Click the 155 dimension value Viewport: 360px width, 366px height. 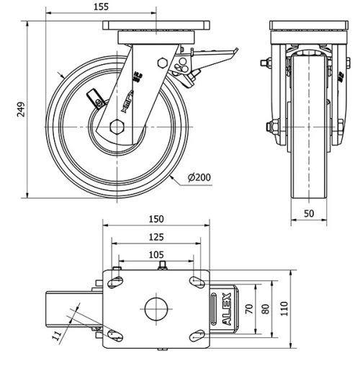coord(101,6)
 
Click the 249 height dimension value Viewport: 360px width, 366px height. coord(22,109)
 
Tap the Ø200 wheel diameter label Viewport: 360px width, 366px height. coord(199,177)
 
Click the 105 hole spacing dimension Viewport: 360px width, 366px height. coord(156,254)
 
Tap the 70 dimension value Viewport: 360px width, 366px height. coord(248,310)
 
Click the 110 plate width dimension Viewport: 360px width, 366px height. coord(284,308)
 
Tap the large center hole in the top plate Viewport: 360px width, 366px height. coord(155,309)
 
